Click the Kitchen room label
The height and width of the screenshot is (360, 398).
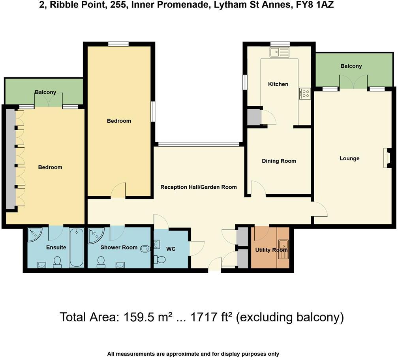(278, 84)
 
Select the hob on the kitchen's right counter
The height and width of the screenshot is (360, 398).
(305, 93)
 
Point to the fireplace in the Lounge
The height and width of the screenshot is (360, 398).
(387, 158)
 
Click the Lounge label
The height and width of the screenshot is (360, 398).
(349, 159)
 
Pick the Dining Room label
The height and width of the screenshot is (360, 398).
(279, 161)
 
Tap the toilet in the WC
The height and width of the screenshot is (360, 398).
(160, 259)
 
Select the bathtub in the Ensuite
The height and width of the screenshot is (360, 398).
(76, 247)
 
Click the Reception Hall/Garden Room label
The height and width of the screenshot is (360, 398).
(199, 187)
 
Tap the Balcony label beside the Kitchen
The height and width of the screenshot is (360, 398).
(351, 66)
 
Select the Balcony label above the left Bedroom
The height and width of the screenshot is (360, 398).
(45, 92)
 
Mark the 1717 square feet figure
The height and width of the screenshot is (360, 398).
(205, 317)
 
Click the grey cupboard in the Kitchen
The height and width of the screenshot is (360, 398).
(254, 117)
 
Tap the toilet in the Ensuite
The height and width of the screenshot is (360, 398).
(58, 262)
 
